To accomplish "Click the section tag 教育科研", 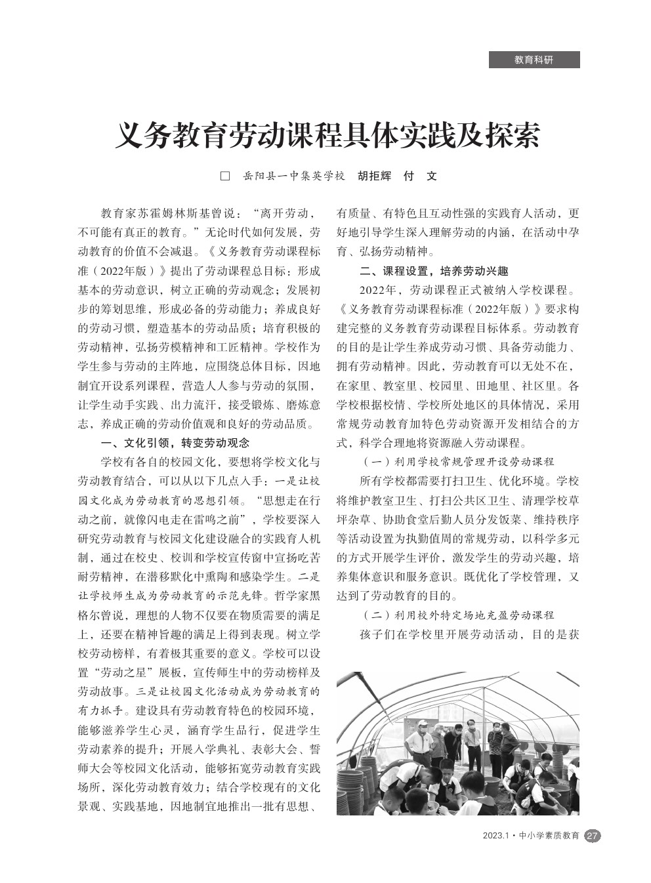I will pyautogui.click(x=534, y=60).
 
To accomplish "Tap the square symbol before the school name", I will pyautogui.click(x=225, y=176).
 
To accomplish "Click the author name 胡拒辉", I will pyautogui.click(x=374, y=176).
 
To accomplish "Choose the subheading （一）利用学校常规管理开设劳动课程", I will pyautogui.click(x=457, y=462).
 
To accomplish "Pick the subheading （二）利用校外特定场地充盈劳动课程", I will pyautogui.click(x=457, y=615).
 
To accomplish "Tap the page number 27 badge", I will pyautogui.click(x=592, y=836).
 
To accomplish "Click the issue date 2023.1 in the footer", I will pyautogui.click(x=496, y=836).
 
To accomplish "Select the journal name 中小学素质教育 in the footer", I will pyautogui.click(x=549, y=836).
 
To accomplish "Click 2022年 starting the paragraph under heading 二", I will pyautogui.click(x=376, y=290).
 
